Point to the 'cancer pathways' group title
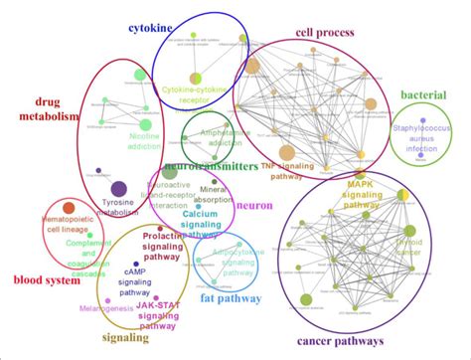[x=340, y=341]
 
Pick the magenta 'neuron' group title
[x=254, y=204]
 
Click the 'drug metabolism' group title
[x=41, y=108]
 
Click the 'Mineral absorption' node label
[x=213, y=194]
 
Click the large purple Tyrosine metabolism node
[x=118, y=188]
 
